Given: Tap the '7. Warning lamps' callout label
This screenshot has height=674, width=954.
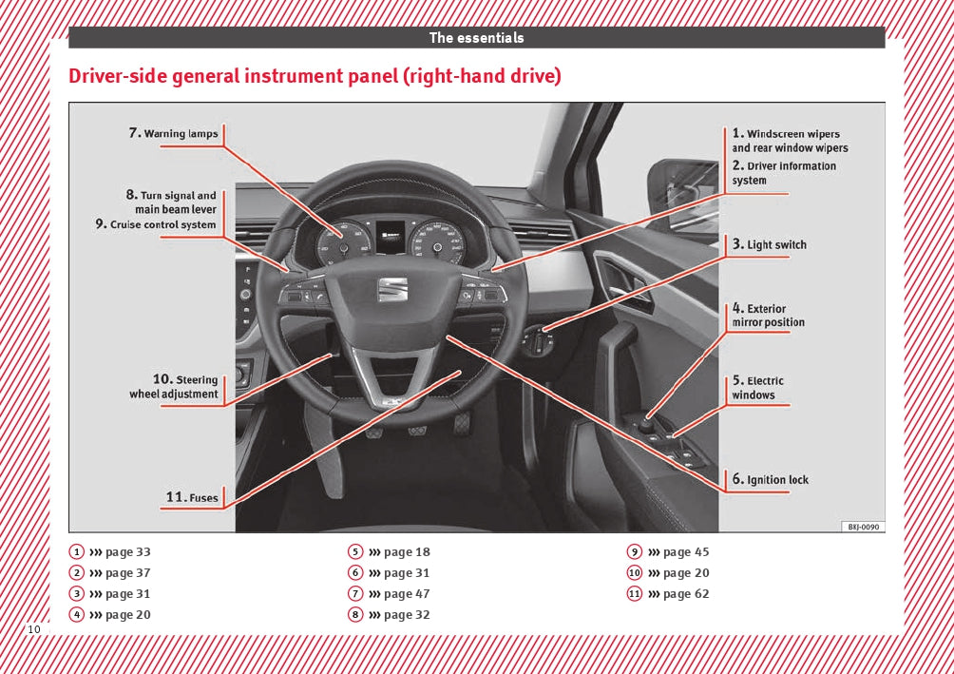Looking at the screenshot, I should [x=174, y=133].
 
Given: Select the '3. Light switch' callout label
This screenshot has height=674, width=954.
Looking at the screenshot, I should [x=770, y=244].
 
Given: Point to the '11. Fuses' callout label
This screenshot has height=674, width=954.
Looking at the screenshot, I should [x=192, y=497].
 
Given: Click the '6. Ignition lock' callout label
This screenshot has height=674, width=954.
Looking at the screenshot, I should [x=771, y=479].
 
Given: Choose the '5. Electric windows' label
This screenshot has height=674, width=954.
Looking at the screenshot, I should [x=758, y=388].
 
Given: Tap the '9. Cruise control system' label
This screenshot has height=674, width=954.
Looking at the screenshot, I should [x=156, y=225].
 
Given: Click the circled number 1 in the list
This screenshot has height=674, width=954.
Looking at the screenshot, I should [x=75, y=552].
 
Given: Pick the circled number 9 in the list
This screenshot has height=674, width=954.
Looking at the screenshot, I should [x=634, y=552].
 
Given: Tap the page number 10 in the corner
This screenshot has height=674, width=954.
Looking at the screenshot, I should [x=34, y=630].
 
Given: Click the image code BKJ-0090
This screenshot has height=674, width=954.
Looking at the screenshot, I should [x=863, y=527].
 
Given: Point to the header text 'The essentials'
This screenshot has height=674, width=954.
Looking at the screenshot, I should [x=476, y=38].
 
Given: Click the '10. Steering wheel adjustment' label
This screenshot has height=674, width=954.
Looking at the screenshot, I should [x=175, y=387].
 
